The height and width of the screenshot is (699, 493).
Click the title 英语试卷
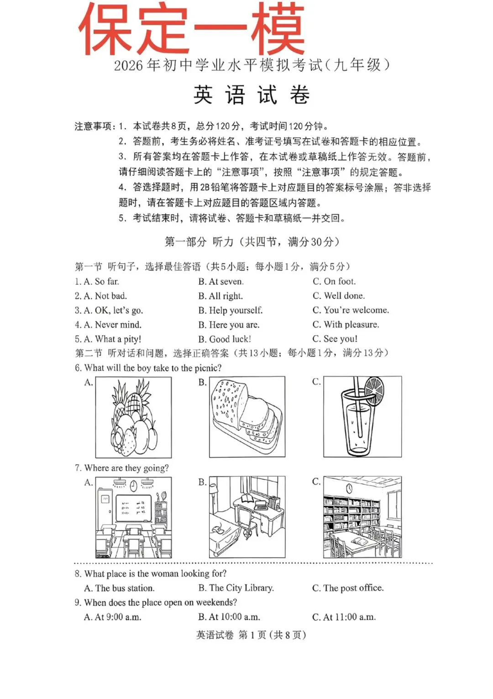[252, 95]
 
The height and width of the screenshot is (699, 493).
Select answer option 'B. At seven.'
[221, 282]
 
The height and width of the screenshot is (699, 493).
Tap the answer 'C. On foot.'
[334, 281]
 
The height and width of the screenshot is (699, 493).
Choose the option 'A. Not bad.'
[101, 296]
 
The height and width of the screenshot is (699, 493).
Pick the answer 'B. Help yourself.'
[231, 310]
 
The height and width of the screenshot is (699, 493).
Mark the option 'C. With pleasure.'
[346, 325]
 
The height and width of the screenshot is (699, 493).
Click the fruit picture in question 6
[133, 417]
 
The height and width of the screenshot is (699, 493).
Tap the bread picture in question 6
[247, 417]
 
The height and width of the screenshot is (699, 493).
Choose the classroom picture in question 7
[133, 517]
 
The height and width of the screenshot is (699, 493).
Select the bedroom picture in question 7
[247, 517]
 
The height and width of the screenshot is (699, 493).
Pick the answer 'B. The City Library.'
[236, 588]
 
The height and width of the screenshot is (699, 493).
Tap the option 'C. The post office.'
[348, 588]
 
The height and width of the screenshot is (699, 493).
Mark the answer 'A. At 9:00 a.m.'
[113, 617]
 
